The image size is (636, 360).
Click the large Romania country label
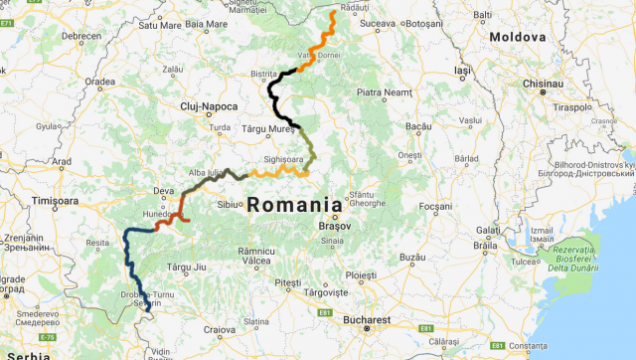(x=294, y=206)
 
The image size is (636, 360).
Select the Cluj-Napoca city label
(x=208, y=105)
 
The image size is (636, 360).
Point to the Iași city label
(x=463, y=72)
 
